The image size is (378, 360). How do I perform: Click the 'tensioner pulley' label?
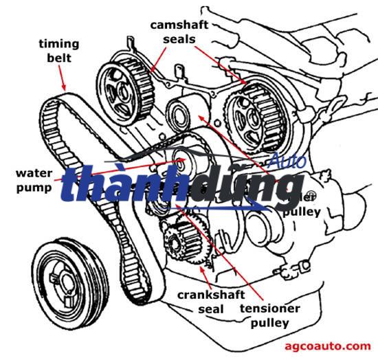pyautogui.click(x=269, y=315)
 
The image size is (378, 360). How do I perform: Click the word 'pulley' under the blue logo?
pyautogui.click(x=301, y=212)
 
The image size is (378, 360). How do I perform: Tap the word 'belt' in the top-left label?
pyautogui.click(x=58, y=58)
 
